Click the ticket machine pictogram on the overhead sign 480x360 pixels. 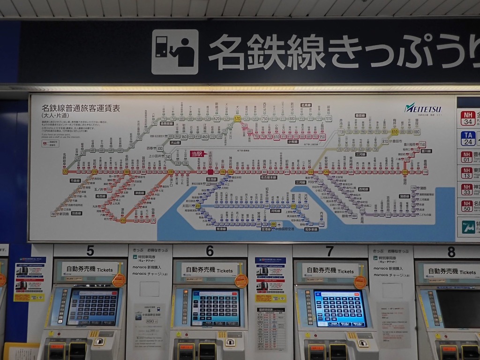point(175,52)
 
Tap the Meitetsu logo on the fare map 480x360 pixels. point(423,108)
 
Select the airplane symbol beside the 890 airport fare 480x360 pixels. point(279,224)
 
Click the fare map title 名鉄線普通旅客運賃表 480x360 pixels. point(81,108)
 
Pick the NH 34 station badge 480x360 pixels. point(468,118)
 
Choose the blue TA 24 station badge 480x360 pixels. point(468,138)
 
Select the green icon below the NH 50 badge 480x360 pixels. point(468,227)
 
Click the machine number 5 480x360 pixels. point(90,251)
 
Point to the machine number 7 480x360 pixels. point(330,251)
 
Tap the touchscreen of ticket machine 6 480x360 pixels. point(215,307)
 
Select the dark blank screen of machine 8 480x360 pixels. point(457,308)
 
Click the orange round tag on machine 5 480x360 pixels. point(119,280)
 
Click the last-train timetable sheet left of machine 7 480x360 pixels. point(271,329)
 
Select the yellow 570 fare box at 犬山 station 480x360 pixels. point(237,119)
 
